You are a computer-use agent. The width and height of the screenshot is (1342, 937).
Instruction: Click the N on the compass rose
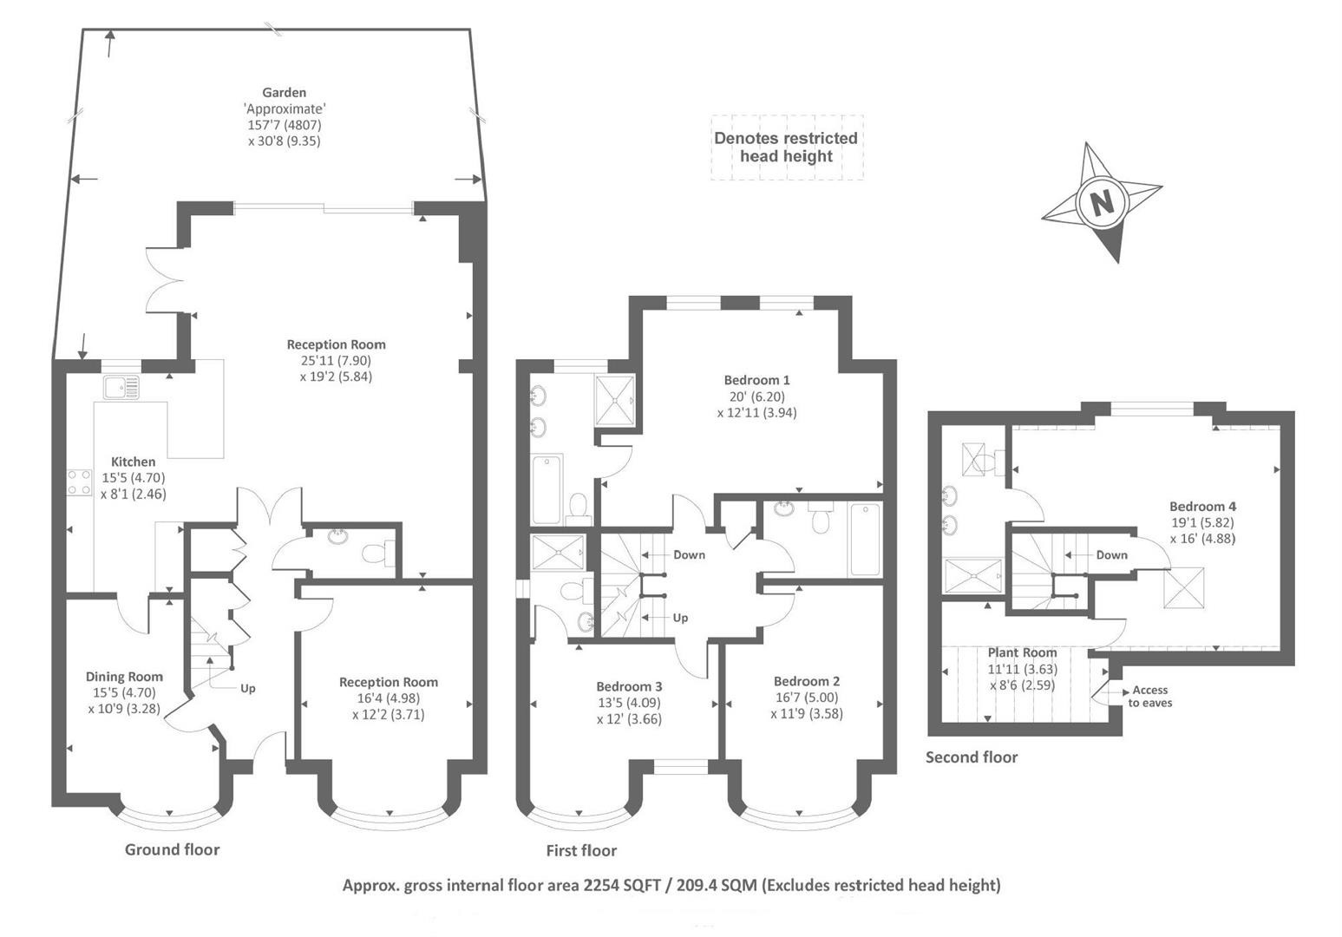[x=1102, y=202]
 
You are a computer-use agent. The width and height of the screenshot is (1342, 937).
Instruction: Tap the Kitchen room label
[x=133, y=462]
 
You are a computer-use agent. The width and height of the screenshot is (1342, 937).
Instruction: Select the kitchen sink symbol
[x=120, y=387]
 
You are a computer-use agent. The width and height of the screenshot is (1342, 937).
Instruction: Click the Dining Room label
[x=124, y=677]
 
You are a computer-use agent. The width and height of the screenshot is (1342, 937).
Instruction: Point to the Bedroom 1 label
[x=756, y=380]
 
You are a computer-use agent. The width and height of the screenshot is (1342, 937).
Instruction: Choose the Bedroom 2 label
[x=806, y=681]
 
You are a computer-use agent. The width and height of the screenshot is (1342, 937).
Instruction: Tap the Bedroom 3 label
[x=629, y=686]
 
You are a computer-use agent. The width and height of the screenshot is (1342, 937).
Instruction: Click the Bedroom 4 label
[x=1202, y=507]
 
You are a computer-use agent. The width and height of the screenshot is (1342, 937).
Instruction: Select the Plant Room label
[x=1022, y=652]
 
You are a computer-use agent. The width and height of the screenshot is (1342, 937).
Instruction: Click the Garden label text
[x=285, y=93]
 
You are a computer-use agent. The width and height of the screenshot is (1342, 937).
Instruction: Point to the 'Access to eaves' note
[x=1149, y=696]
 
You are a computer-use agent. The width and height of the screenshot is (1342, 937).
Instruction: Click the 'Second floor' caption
[x=971, y=757]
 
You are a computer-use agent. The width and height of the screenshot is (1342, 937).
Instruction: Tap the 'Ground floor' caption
[x=172, y=849]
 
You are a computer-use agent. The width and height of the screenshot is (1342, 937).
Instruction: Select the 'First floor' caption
[x=581, y=850]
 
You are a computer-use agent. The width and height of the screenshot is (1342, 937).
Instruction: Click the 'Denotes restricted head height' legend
[x=785, y=147]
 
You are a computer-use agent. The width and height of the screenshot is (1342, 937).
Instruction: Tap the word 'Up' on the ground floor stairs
[x=248, y=688]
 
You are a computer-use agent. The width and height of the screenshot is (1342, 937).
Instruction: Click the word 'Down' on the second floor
[x=1111, y=555]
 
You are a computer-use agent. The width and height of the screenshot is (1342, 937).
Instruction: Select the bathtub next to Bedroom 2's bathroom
[x=865, y=540]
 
